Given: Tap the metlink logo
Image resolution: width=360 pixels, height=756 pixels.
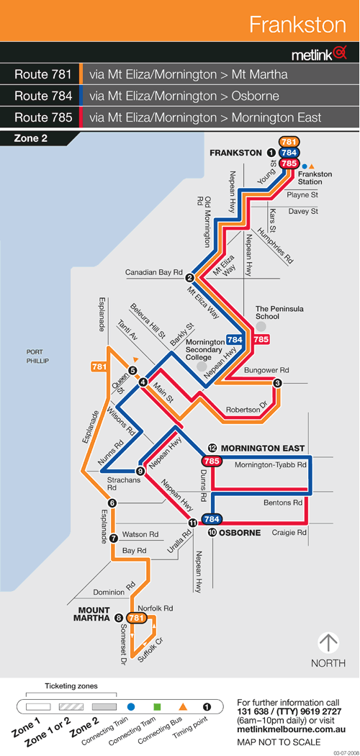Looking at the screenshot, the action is (x=318, y=55).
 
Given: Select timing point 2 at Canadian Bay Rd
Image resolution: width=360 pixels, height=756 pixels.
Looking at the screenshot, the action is (x=190, y=278).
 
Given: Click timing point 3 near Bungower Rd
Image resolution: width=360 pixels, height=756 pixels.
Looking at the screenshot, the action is (x=277, y=383).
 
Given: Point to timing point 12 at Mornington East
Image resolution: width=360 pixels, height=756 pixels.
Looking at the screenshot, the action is (x=212, y=449).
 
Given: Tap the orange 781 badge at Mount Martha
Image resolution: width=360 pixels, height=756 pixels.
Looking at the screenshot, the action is (x=136, y=618).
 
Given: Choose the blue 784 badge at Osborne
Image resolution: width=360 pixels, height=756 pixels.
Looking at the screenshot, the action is (x=212, y=519).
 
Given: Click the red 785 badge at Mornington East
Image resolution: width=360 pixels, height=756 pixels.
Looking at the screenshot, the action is (x=212, y=461).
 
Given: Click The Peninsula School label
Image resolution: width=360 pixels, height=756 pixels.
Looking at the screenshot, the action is (x=273, y=313).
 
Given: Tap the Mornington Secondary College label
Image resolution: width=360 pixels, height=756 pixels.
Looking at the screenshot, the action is (x=204, y=349).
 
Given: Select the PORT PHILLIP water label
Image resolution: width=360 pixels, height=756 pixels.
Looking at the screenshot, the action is (x=37, y=356).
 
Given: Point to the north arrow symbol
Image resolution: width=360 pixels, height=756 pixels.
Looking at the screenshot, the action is (x=328, y=643).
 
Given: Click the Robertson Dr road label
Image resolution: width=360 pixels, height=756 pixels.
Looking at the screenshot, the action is (x=245, y=410).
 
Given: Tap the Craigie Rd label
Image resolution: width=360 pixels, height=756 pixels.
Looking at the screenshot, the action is (x=289, y=533).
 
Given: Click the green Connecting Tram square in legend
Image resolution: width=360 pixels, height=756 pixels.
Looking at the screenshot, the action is (x=157, y=707).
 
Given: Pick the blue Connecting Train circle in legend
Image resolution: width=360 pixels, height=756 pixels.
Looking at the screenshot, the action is (x=130, y=707).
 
